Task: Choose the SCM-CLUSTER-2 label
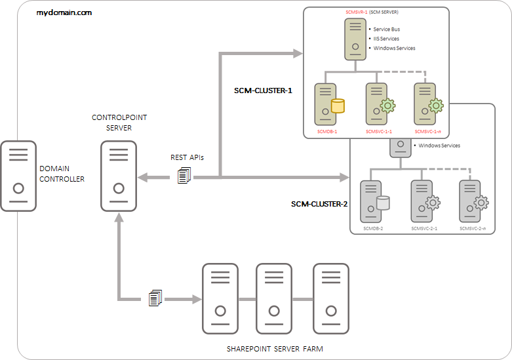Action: (x=319, y=204)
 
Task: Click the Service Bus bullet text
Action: (x=387, y=30)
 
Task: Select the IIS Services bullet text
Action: (x=386, y=39)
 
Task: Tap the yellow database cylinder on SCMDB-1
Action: (x=338, y=106)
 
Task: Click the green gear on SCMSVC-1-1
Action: (x=387, y=104)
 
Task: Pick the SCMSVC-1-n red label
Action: (x=427, y=131)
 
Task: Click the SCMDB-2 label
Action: (x=372, y=228)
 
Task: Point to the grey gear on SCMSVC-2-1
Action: (x=433, y=203)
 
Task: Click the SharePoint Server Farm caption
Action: (x=265, y=349)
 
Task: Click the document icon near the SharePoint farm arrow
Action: (x=155, y=298)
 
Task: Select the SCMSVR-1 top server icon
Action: (x=355, y=39)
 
